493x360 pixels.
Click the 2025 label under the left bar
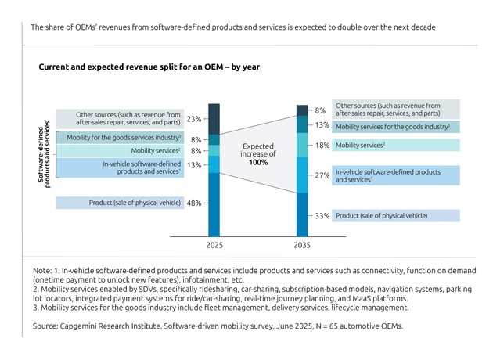click(214, 246)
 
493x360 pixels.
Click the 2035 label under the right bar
click(302, 246)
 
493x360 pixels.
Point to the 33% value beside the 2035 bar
click(322, 216)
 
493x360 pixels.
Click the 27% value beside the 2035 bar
click(322, 176)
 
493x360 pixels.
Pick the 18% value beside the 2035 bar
click(322, 146)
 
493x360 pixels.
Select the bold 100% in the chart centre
click(257, 162)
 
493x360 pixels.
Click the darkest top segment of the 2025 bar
click(214, 119)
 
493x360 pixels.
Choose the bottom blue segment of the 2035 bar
click(302, 214)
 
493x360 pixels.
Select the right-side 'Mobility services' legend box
click(396, 146)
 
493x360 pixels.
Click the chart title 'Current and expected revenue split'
click(149, 67)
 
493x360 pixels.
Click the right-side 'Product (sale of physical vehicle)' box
click(396, 215)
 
